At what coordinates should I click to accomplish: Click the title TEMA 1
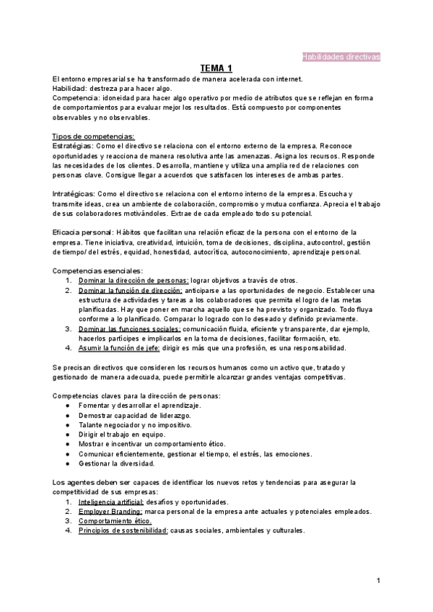pyautogui.click(x=216, y=69)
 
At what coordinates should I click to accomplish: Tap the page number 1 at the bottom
pyautogui.click(x=378, y=580)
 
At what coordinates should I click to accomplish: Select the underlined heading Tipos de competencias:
pyautogui.click(x=93, y=136)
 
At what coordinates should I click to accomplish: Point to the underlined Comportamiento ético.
pyautogui.click(x=114, y=520)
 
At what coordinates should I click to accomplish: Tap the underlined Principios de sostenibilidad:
pyautogui.click(x=123, y=530)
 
